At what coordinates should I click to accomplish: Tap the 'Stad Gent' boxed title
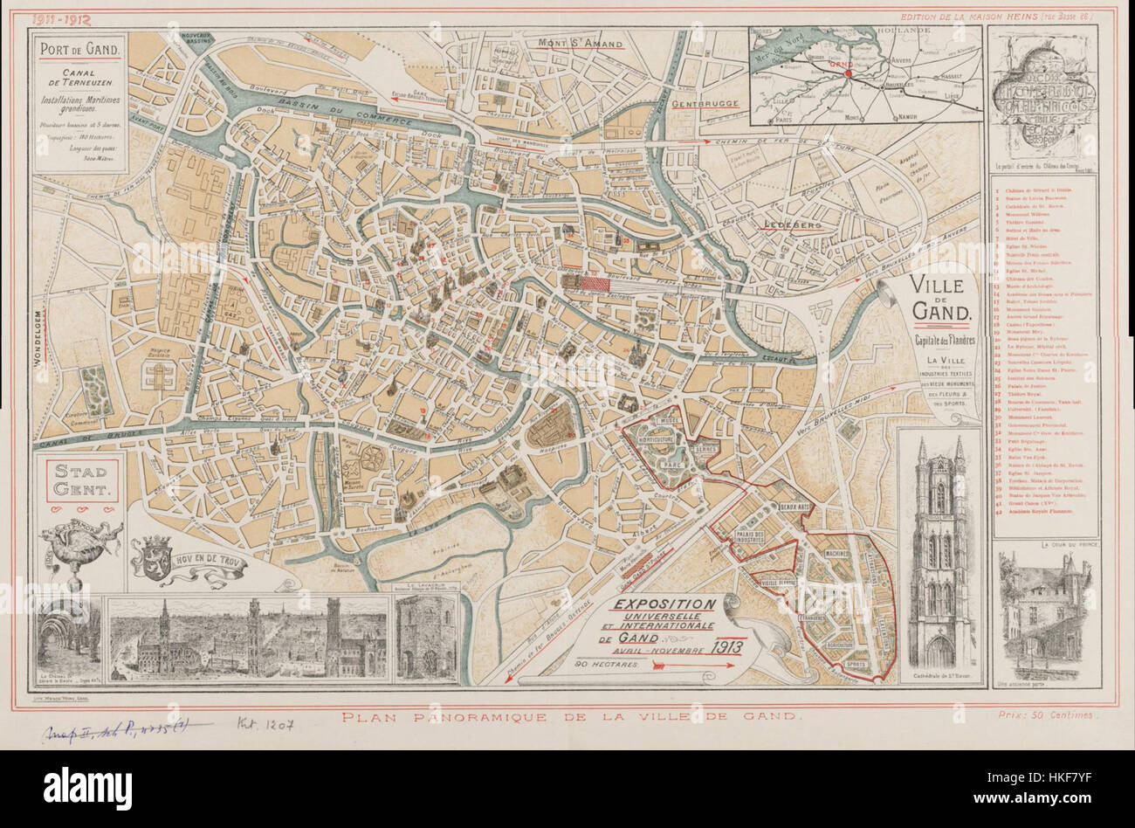click(x=79, y=480)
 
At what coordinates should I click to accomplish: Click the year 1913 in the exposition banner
click(x=724, y=646)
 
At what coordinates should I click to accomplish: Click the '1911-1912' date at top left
click(x=64, y=17)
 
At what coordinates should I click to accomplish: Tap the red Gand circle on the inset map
click(x=846, y=73)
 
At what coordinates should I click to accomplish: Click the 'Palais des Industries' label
click(x=757, y=537)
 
